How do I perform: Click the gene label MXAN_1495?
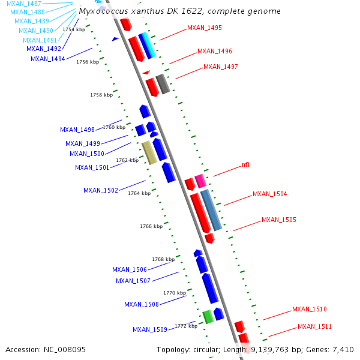(x=205, y=28)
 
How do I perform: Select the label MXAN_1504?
(x=269, y=194)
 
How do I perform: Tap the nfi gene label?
(x=245, y=164)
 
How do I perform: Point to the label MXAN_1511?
(x=314, y=327)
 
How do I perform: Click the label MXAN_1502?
(x=101, y=191)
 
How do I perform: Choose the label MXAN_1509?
(x=150, y=329)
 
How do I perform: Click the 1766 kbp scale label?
(x=151, y=226)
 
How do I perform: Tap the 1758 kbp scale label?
(x=101, y=95)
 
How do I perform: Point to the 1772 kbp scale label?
(x=186, y=326)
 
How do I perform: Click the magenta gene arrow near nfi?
(x=200, y=181)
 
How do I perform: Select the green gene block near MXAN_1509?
(x=208, y=316)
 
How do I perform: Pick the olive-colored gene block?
(x=149, y=152)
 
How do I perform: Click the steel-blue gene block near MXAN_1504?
(x=211, y=209)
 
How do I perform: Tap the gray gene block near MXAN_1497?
(x=163, y=84)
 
